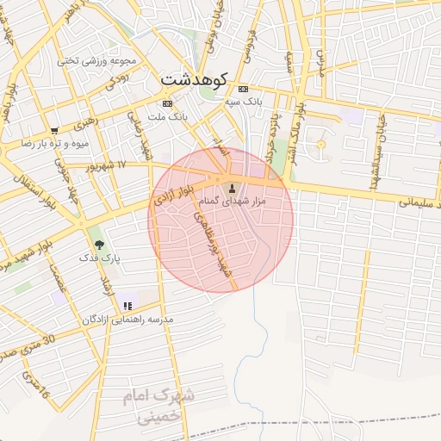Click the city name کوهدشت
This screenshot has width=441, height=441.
click(x=193, y=81)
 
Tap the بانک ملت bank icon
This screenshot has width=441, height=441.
click(x=167, y=103)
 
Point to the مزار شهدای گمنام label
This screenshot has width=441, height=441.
click(x=233, y=202)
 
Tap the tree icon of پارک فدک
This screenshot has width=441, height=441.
click(x=99, y=245)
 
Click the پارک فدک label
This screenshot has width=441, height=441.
click(x=99, y=258)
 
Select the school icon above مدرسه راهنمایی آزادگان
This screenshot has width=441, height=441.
click(x=128, y=306)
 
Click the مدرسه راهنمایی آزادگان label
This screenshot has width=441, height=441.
click(x=128, y=319)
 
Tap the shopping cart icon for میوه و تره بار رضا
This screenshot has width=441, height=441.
click(x=54, y=131)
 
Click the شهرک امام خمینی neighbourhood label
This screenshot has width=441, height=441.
click(x=164, y=405)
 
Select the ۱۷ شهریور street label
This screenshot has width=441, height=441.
click(x=108, y=165)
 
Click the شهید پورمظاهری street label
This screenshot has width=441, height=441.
click(x=219, y=240)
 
